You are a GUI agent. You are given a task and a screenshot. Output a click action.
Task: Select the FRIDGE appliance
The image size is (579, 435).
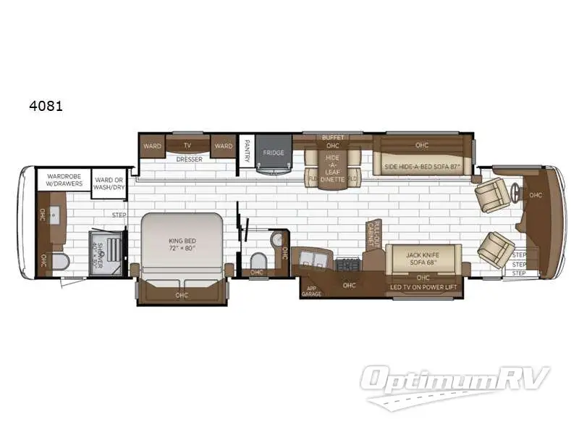click(x=273, y=153)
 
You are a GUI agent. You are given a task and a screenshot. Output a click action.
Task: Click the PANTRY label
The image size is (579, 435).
click(x=247, y=152)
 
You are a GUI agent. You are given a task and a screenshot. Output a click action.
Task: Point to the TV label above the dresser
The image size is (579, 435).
click(x=187, y=146)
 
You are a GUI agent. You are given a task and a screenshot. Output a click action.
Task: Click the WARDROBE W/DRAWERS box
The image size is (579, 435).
click(x=64, y=179)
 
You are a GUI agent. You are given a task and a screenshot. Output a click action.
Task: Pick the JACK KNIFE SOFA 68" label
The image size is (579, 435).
click(x=423, y=257)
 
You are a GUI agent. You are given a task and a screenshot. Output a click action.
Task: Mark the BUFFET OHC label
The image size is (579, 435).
click(x=333, y=141)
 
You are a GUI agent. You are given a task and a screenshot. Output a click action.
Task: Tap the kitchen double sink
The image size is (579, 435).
click(x=313, y=259)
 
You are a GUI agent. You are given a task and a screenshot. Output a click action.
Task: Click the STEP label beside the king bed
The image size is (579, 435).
click(x=119, y=215)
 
